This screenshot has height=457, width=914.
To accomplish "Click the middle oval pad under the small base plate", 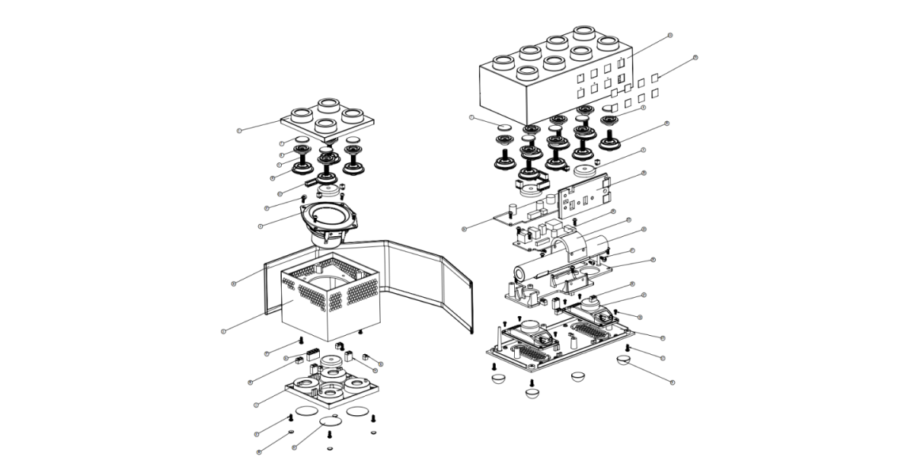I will [x=331, y=420].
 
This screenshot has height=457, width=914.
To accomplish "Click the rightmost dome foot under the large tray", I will [x=625, y=360].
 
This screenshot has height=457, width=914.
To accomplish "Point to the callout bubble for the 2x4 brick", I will [x=670, y=35].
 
